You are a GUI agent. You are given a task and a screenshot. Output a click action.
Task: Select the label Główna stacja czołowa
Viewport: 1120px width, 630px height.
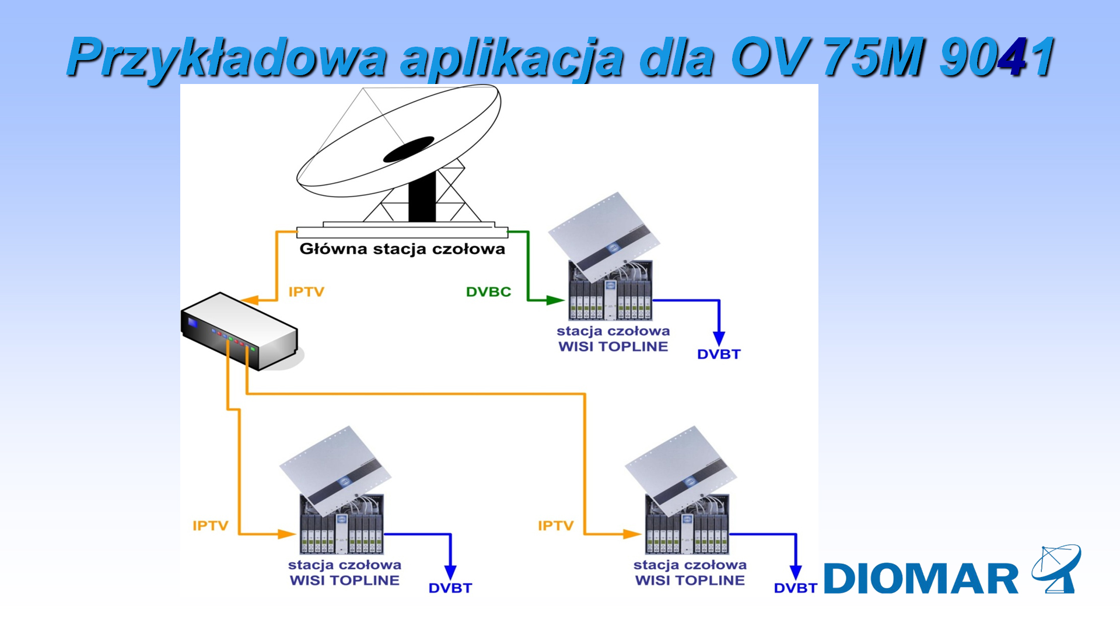point(402,249)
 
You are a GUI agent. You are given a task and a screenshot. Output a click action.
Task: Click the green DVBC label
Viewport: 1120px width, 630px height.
point(488,292)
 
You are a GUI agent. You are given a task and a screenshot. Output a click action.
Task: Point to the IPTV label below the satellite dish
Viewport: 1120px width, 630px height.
point(306,292)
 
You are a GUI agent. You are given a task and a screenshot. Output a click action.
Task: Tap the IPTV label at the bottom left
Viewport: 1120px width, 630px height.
point(211,526)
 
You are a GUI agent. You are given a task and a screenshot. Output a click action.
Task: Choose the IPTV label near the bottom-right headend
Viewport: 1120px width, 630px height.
point(556,526)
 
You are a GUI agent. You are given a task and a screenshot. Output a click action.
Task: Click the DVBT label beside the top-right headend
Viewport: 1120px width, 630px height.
point(719,354)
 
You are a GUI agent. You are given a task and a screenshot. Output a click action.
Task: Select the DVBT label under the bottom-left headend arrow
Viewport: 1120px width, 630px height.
point(450,588)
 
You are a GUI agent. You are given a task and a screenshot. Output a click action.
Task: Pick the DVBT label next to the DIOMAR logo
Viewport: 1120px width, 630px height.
point(796,588)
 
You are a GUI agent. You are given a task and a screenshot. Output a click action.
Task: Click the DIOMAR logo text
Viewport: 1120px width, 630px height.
point(921,579)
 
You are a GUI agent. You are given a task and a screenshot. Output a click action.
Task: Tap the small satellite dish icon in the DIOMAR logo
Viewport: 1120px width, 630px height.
point(1056,569)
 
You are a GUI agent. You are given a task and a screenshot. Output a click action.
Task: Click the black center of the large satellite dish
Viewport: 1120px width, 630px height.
point(408,149)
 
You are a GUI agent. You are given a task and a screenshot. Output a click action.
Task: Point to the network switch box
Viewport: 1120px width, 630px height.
point(240,331)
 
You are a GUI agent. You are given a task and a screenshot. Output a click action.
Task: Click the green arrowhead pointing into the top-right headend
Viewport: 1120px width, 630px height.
point(555,300)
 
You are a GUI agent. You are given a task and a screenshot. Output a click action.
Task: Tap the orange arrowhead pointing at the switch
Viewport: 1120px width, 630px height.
point(249,300)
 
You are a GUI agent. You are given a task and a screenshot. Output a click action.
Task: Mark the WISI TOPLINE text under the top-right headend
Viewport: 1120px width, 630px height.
point(613,346)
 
